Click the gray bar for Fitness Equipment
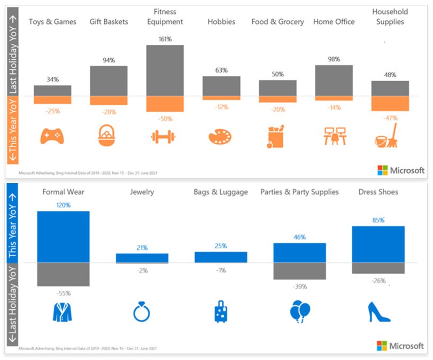[165, 70]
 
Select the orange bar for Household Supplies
[390, 104]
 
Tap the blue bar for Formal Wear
[63, 237]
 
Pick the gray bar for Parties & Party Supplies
[299, 271]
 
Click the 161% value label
[165, 38]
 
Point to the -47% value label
[390, 118]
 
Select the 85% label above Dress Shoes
[378, 220]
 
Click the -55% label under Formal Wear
[63, 293]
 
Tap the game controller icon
[52, 137]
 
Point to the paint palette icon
[220, 137]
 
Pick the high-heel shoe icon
[378, 312]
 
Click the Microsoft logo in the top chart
[400, 170]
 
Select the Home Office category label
[334, 22]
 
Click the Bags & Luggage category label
[221, 192]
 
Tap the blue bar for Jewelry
[142, 258]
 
